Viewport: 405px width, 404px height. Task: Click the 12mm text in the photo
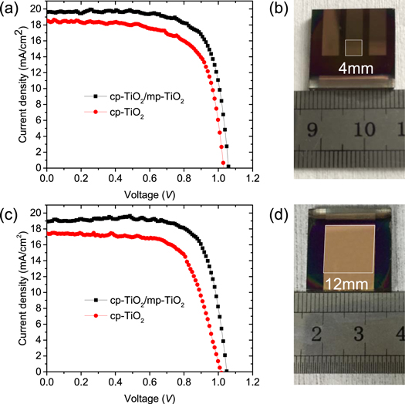click(341, 284)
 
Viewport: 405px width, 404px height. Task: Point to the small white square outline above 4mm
click(353, 48)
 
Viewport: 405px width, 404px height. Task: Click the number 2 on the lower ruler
click(317, 334)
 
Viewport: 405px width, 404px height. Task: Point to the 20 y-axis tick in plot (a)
click(35, 10)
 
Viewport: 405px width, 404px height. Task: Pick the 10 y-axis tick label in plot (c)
click(35, 292)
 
